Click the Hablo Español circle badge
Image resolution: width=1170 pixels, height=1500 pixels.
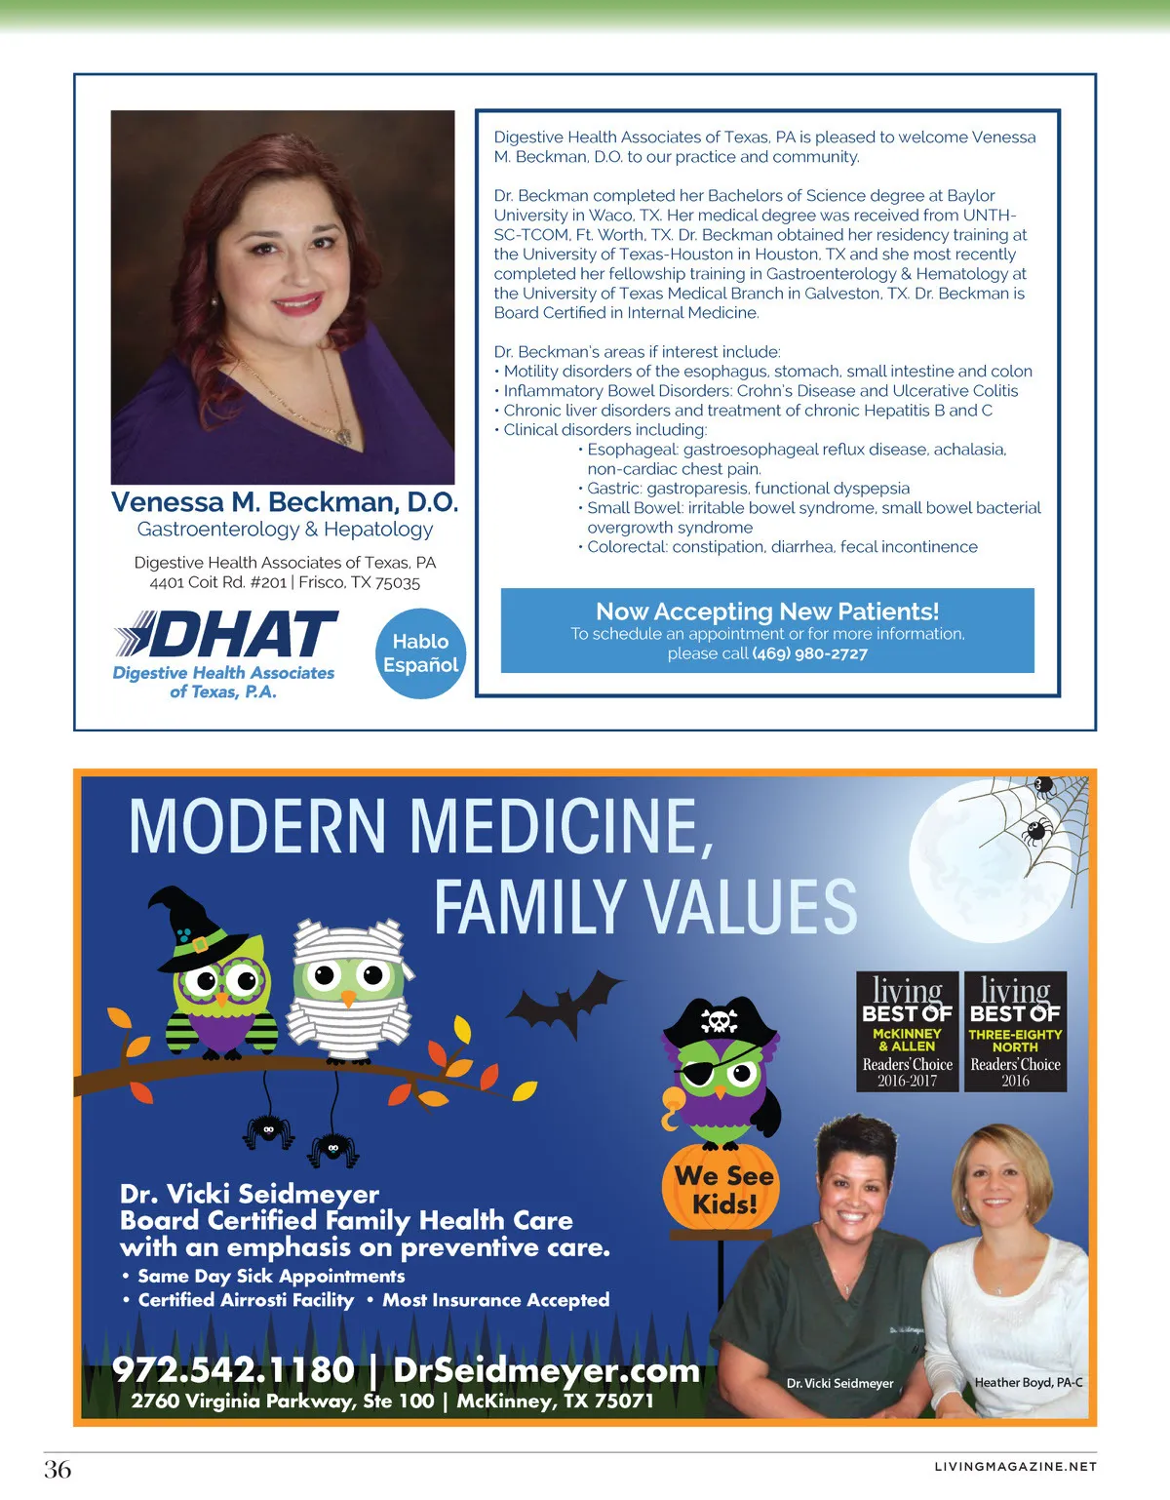point(420,653)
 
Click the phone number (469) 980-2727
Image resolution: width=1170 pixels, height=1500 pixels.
point(809,653)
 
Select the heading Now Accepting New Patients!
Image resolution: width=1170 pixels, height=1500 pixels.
point(767,612)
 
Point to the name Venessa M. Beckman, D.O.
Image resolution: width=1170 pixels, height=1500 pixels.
point(285,502)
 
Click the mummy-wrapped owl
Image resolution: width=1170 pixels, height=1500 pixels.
point(348,985)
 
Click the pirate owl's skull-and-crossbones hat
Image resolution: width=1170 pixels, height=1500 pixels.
point(720,1020)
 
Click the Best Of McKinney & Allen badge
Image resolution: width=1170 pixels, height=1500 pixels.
point(907,1031)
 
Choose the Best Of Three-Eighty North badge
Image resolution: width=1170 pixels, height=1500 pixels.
point(1015,1031)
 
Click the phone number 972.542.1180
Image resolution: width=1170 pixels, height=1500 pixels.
point(234,1369)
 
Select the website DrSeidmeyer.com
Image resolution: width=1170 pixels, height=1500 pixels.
point(546,1369)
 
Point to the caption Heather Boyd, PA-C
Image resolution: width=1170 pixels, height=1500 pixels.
point(1028,1382)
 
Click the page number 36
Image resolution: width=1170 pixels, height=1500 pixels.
point(58,1469)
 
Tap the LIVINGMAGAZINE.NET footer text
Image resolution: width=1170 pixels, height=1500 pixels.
point(1015,1467)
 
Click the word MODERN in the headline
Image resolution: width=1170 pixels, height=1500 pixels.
point(258,826)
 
